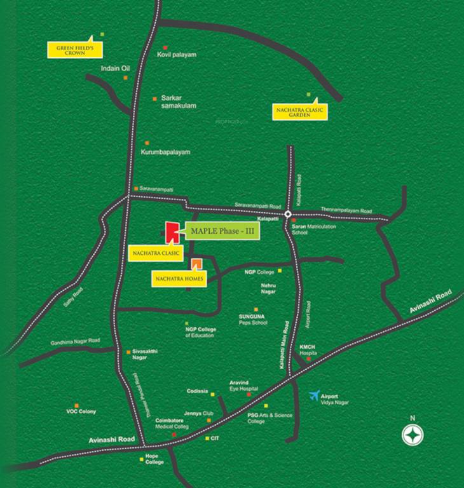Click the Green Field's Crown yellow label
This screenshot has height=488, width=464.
(x=76, y=50)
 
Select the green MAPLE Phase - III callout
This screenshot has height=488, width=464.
(x=222, y=232)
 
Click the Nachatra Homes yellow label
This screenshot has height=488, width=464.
(x=179, y=278)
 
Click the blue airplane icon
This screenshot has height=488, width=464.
(x=313, y=396)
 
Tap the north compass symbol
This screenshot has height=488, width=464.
(x=413, y=435)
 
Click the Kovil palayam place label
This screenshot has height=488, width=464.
(x=177, y=55)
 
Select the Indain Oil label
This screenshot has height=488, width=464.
(x=115, y=69)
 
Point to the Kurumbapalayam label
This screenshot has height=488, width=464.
(x=165, y=152)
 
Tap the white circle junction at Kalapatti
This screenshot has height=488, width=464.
(x=287, y=214)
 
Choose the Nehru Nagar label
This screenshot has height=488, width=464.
(x=270, y=290)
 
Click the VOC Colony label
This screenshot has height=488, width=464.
(x=81, y=412)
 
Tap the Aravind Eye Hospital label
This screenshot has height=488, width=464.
(x=244, y=386)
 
